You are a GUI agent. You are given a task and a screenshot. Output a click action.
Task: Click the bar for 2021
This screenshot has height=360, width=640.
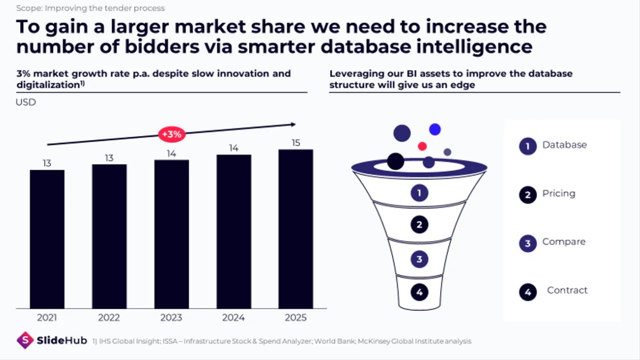tap(47, 239)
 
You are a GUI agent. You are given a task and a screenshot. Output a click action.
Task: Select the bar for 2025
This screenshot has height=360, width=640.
tap(295, 229)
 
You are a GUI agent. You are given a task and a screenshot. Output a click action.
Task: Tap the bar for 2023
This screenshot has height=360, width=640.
tap(171, 234)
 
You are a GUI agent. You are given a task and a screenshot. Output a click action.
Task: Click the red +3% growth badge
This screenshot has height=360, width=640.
tap(171, 134)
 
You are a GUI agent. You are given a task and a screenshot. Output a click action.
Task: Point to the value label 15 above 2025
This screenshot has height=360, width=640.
tap(295, 142)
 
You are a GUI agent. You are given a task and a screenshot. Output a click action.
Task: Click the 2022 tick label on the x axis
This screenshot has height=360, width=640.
tap(109, 317)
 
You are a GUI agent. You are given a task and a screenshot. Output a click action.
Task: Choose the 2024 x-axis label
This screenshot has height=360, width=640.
tap(233, 317)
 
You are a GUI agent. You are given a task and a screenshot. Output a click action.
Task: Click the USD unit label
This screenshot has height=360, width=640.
tap(25, 102)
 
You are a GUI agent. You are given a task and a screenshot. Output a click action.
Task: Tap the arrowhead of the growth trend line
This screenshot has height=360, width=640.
tap(293, 124)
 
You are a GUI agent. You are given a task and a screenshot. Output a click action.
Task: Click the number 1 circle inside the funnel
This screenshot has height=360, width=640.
tap(419, 193)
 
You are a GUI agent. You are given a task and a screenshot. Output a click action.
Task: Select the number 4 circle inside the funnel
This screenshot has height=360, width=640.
tap(419, 292)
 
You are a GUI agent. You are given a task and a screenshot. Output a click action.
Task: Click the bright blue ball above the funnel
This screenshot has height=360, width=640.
tap(435, 129)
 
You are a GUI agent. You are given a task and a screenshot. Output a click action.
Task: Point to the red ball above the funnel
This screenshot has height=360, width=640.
tap(422, 146)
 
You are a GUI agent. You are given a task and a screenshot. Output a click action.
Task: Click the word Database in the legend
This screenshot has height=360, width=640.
tap(564, 145)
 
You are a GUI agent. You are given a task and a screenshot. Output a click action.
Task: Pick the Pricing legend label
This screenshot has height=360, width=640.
tap(559, 193)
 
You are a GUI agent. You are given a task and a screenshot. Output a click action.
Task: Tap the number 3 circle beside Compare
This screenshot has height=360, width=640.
tap(527, 243)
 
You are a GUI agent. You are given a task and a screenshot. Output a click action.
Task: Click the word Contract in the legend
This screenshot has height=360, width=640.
tap(567, 290)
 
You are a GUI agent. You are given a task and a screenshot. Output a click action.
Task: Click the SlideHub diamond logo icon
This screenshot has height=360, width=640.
tap(25, 340)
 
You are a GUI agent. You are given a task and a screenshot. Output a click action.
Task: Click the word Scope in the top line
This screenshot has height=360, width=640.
tap(29, 8)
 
